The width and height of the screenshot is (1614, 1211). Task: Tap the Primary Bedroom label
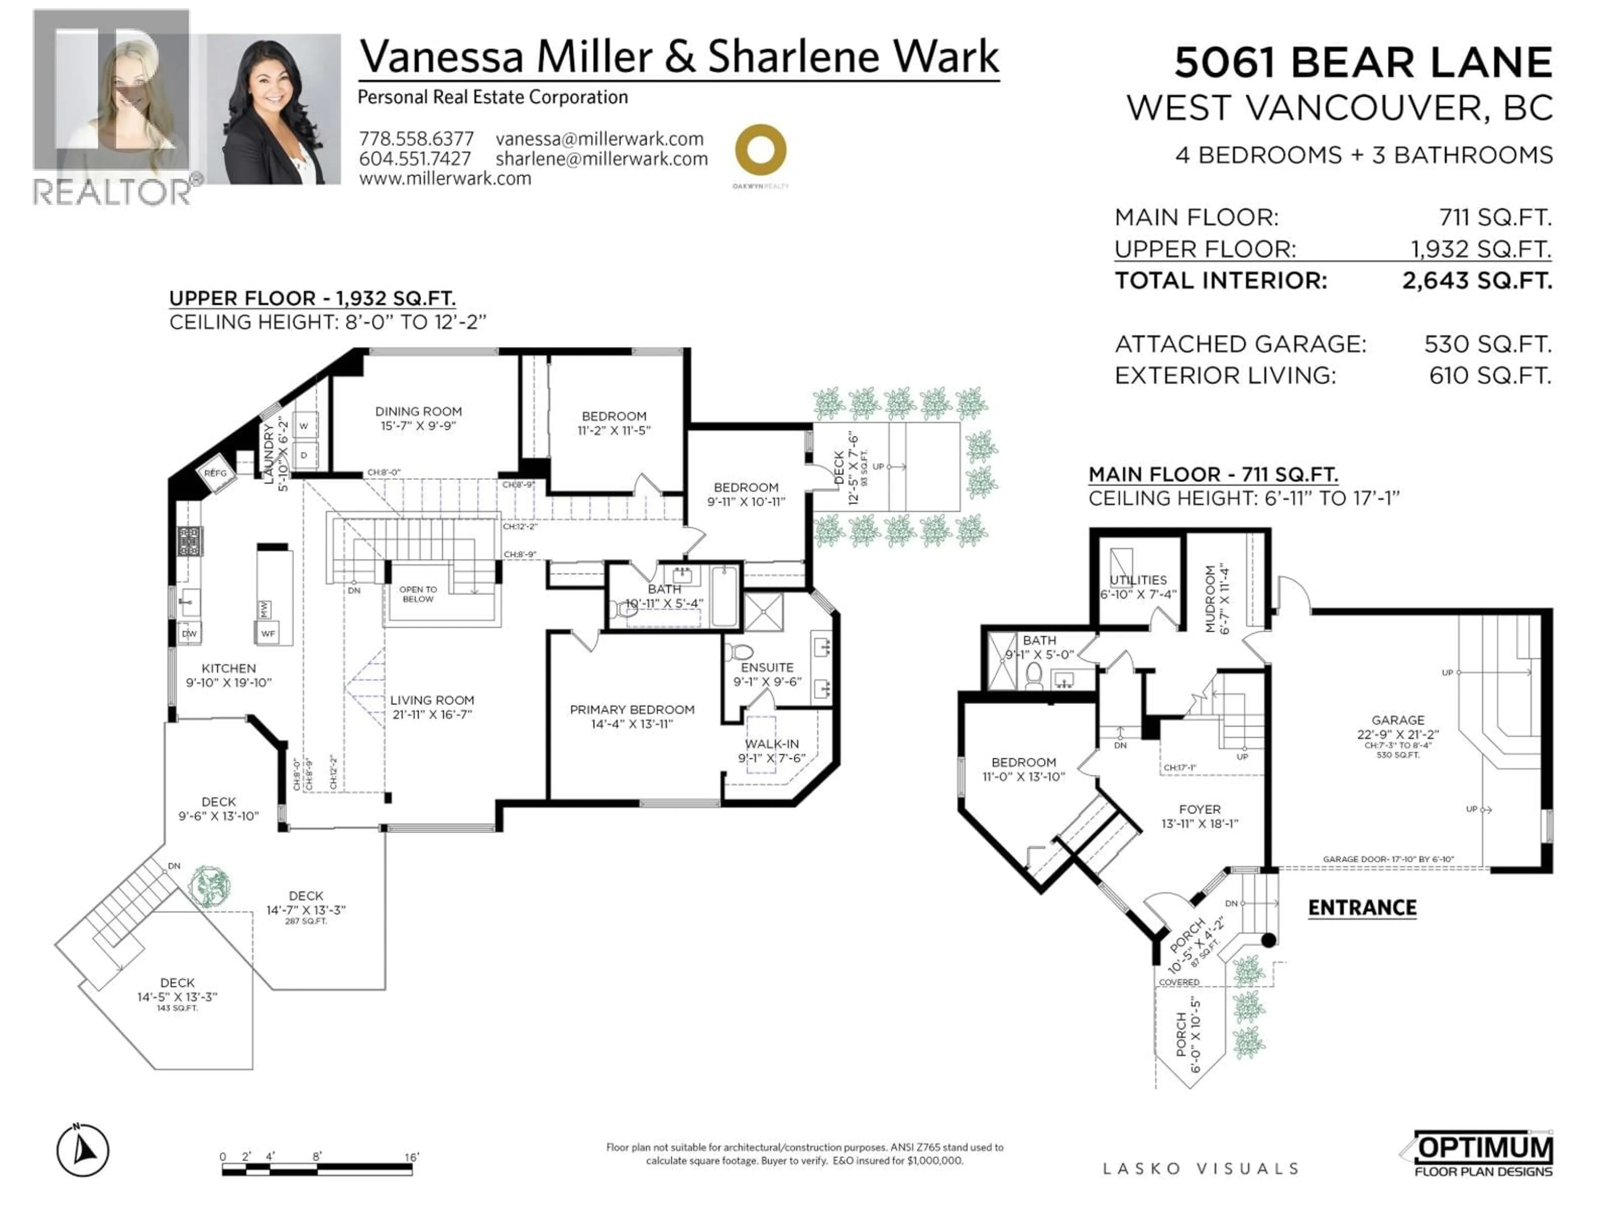(x=632, y=709)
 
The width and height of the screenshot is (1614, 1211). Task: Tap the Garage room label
(x=1397, y=720)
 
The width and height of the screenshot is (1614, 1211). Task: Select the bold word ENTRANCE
(x=1361, y=908)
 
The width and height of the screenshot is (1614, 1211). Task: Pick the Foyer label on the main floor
(x=1200, y=809)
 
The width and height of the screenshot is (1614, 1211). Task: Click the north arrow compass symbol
(x=83, y=1152)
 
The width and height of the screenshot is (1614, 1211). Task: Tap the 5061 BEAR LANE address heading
(x=1362, y=63)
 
